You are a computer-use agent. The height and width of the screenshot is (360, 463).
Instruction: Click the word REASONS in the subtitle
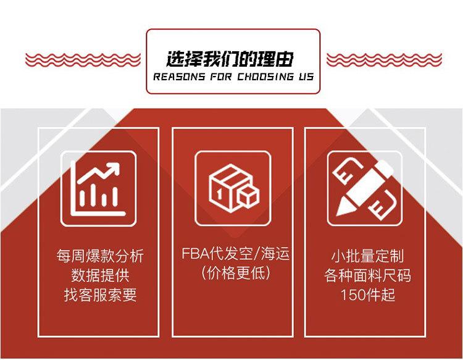(175, 77)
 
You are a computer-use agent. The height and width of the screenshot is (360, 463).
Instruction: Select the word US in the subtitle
(305, 77)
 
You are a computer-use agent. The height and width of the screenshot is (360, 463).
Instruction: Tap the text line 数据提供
(99, 275)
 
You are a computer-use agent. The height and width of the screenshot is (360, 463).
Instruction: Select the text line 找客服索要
(99, 295)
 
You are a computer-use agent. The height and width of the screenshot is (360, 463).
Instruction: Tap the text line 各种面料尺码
(367, 275)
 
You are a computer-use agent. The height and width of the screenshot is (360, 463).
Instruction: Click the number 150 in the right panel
(351, 295)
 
